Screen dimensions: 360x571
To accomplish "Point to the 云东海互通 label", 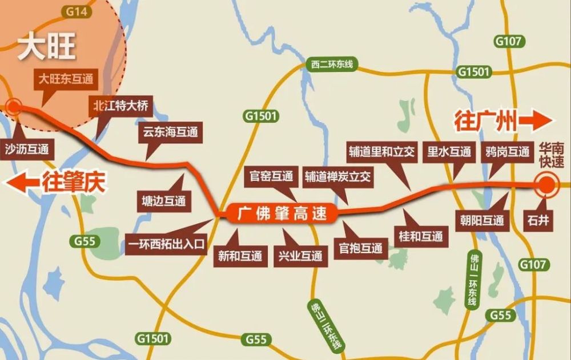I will (x=170, y=132).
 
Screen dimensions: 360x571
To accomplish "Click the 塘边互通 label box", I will (x=164, y=200).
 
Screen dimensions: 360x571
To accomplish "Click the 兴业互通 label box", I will (x=300, y=256).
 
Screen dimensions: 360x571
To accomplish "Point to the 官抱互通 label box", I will (x=360, y=248).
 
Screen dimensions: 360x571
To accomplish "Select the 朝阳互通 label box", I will (x=482, y=220).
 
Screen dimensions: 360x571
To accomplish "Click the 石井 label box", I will (x=540, y=220).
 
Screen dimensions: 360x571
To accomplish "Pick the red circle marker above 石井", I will (x=546, y=185).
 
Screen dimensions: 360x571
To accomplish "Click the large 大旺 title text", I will (x=47, y=48).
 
